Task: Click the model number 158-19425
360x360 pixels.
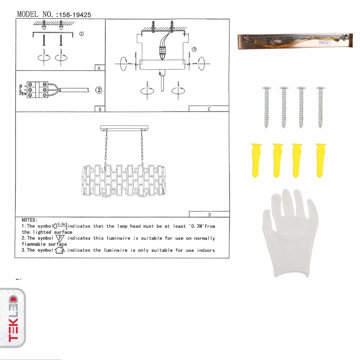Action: [x=75, y=15]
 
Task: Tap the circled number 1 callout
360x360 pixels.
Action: [x=81, y=34]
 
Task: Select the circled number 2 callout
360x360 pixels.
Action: [x=99, y=90]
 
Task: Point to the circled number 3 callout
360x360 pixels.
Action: [x=194, y=49]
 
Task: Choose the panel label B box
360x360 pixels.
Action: [x=100, y=109]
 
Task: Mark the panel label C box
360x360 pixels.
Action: [x=209, y=109]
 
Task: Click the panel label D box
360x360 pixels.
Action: [x=209, y=214]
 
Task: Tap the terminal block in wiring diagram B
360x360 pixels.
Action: [x=37, y=90]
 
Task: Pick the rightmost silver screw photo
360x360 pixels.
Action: [x=320, y=107]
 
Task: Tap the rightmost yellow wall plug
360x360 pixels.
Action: [x=321, y=160]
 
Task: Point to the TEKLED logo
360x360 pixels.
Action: [x=13, y=318]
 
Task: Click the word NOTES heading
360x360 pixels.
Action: [x=29, y=220]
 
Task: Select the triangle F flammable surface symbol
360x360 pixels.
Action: [x=60, y=238]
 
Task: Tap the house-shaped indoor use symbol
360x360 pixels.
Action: [x=60, y=250]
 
